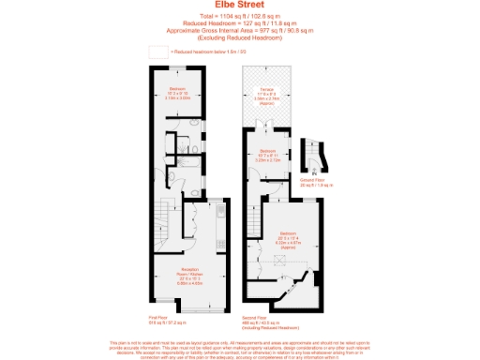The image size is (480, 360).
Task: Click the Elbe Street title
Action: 240,5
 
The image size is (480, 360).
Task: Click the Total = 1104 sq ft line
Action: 239,18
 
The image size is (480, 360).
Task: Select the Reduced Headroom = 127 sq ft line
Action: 239,24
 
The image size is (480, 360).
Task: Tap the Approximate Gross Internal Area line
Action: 239,31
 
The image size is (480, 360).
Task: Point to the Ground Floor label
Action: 312,183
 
